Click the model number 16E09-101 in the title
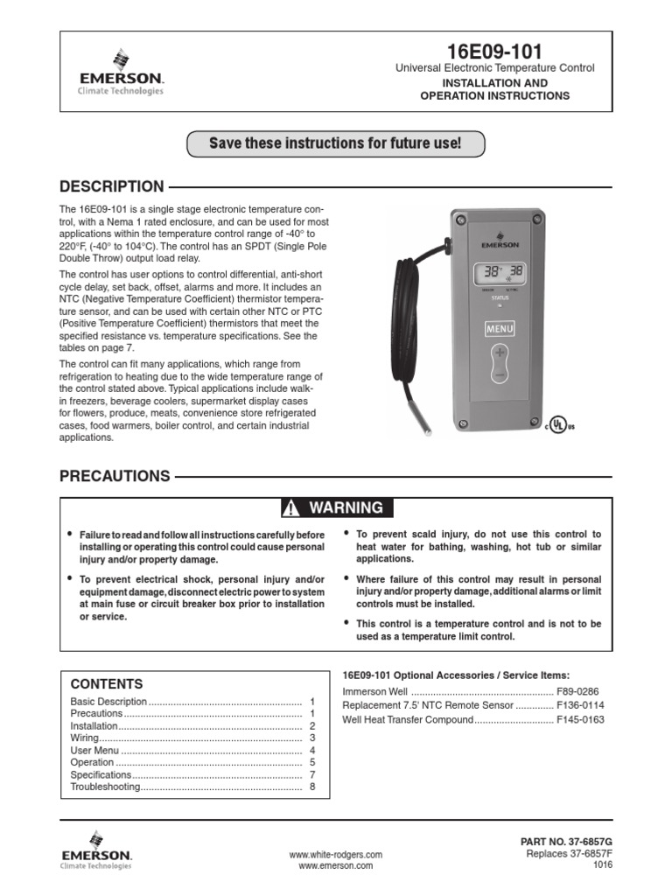pyautogui.click(x=494, y=51)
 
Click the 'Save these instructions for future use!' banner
pyautogui.click(x=335, y=143)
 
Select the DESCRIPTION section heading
pyautogui.click(x=111, y=186)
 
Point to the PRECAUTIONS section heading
pyautogui.click(x=115, y=477)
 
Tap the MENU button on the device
pyautogui.click(x=500, y=329)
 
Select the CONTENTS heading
pyautogui.click(x=107, y=684)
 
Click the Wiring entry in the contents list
pyautogui.click(x=87, y=738)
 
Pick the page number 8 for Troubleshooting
pyautogui.click(x=311, y=787)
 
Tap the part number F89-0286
pyautogui.click(x=580, y=690)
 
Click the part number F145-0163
pyautogui.click(x=580, y=720)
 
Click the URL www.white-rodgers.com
pyautogui.click(x=335, y=854)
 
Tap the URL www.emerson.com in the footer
pyautogui.click(x=335, y=866)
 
